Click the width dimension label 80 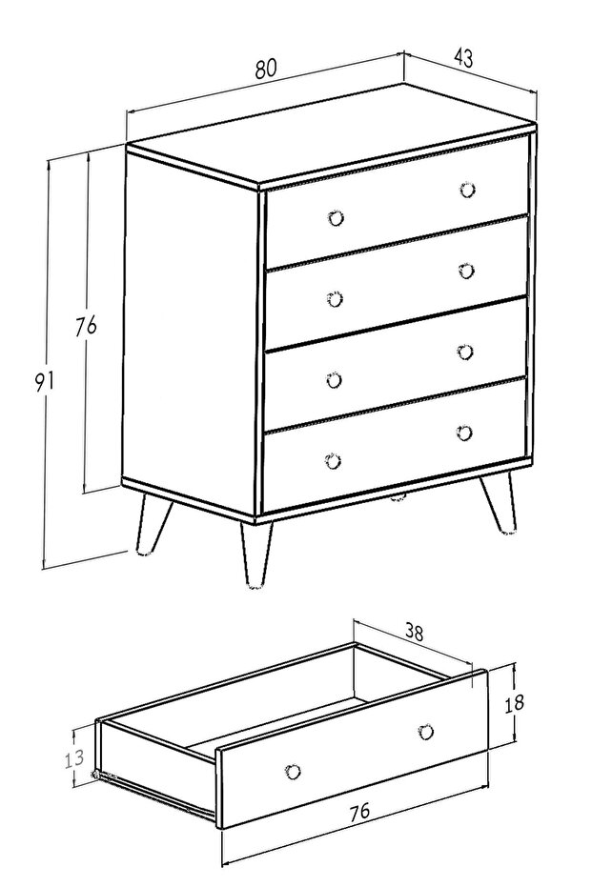point(265,68)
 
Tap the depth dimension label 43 point(463,58)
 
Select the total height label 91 point(44,381)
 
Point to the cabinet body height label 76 point(86,327)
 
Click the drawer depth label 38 point(414,632)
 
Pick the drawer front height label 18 point(514,703)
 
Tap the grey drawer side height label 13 point(73,758)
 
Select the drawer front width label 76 point(358,811)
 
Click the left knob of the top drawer point(337,218)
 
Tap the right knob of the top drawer point(467,190)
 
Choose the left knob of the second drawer point(335,299)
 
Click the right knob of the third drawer point(465,352)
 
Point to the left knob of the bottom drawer point(334,461)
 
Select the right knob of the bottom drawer point(464,433)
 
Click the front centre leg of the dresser point(255,554)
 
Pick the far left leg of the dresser point(152,524)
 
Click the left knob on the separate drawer point(294,771)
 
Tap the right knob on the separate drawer point(426,732)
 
